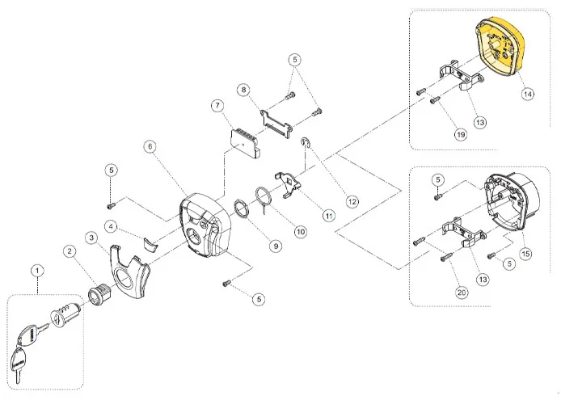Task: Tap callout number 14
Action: point(527,94)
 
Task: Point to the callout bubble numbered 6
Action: point(150,145)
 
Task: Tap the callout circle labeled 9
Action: point(276,245)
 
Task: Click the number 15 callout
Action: point(527,254)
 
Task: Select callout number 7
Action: point(217,106)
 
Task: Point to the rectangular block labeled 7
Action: point(242,138)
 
